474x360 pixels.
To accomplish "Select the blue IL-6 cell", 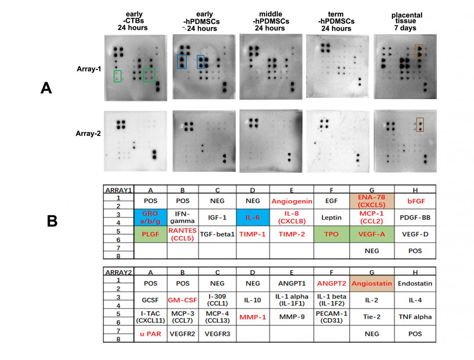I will tap(253, 217).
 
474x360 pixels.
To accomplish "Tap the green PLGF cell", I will tap(151, 234).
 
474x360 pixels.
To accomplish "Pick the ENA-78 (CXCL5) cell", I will tap(372, 201).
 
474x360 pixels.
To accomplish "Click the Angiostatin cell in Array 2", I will tap(372, 283).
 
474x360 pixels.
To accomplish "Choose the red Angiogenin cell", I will tap(291, 201).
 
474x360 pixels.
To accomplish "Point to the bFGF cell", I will tap(415, 201).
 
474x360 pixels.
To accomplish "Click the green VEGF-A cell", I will tap(372, 234).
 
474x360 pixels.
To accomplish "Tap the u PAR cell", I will tap(151, 334).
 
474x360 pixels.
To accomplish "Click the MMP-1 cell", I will tap(253, 317).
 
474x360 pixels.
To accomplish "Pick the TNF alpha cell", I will tap(415, 317).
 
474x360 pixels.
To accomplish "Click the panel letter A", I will tap(46, 88).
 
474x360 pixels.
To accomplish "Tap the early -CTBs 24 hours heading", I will tap(133, 21).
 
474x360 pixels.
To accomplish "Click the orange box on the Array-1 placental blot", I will tap(419, 51).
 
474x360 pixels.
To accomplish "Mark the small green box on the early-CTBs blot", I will tap(117, 76).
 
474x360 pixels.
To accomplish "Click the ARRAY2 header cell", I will tap(118, 272).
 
